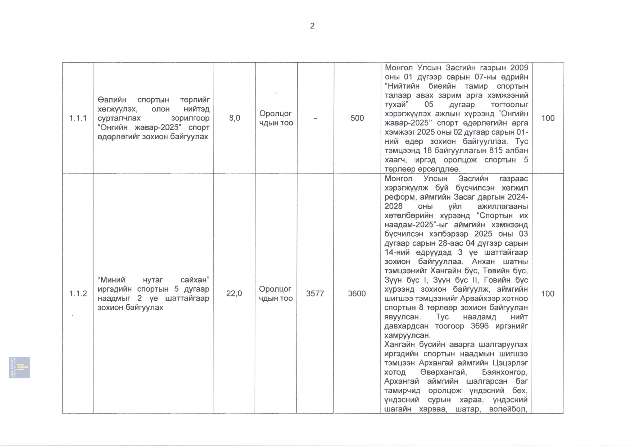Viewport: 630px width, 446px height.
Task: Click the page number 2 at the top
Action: pyautogui.click(x=312, y=26)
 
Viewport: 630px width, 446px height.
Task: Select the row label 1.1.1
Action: pyautogui.click(x=78, y=118)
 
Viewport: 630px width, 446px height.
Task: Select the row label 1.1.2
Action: pyautogui.click(x=78, y=293)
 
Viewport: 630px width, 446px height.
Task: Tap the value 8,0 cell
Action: pyautogui.click(x=235, y=118)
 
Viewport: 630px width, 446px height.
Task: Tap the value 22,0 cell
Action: pyautogui.click(x=234, y=293)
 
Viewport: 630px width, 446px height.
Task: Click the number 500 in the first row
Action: pyautogui.click(x=357, y=118)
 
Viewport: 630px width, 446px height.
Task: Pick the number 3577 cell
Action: pyautogui.click(x=315, y=293)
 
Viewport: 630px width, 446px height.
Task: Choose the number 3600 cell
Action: pyautogui.click(x=357, y=293)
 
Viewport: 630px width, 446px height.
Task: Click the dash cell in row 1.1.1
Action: pyautogui.click(x=316, y=118)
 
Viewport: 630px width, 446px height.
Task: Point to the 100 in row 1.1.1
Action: pyautogui.click(x=548, y=118)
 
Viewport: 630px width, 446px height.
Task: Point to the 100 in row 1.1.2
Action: pyautogui.click(x=548, y=293)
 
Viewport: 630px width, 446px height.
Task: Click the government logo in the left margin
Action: pyautogui.click(x=20, y=367)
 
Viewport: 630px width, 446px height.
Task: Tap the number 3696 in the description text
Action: pyautogui.click(x=480, y=326)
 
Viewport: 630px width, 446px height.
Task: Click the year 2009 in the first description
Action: pyautogui.click(x=519, y=68)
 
